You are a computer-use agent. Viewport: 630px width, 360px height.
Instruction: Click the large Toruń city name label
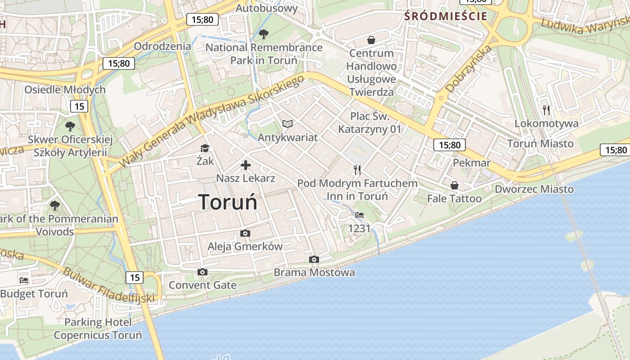[x=228, y=202]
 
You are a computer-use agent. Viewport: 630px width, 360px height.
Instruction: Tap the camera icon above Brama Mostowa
[x=314, y=259]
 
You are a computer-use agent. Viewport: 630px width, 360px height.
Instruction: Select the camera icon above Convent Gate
[x=202, y=272]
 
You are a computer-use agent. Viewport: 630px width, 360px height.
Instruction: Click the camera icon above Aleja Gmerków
[x=245, y=233]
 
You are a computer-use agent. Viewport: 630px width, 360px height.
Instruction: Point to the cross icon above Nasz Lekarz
[x=246, y=165]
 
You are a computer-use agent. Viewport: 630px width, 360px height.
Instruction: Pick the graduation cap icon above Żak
[x=205, y=148]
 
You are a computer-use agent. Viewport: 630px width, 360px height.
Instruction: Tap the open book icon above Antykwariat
[x=288, y=124]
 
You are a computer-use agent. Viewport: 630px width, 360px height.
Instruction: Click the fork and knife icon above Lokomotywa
[x=546, y=110]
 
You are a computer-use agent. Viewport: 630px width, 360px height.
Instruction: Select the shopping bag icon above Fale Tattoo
[x=454, y=185]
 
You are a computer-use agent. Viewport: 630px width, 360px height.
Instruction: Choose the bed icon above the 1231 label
[x=359, y=215]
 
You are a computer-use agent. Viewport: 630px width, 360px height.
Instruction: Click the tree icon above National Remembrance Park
[x=264, y=34]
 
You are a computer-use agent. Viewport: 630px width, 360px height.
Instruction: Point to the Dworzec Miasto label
[x=534, y=189]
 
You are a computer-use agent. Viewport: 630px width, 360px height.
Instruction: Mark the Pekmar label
[x=472, y=162]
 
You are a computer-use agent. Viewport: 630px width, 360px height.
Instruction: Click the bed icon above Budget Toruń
[x=24, y=280]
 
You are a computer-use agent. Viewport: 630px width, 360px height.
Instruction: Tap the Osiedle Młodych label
[x=65, y=90]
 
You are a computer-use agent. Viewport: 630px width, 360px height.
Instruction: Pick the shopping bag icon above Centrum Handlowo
[x=371, y=40]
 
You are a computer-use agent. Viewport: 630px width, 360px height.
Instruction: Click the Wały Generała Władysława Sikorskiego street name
[x=211, y=121]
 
